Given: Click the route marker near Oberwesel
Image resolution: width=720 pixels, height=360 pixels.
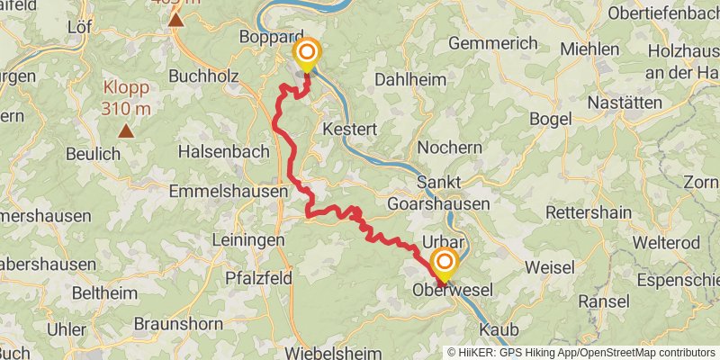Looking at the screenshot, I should (x=444, y=264).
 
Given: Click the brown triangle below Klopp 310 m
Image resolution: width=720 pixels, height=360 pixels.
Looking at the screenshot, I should (x=126, y=131).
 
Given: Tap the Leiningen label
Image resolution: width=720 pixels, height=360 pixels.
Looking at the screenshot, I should (x=247, y=240).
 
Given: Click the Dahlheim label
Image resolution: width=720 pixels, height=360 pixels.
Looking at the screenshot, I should (x=409, y=79).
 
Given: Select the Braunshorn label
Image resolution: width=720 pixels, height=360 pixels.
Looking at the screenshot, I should (x=178, y=323).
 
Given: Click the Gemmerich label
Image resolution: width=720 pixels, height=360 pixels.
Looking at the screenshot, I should (x=492, y=42).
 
